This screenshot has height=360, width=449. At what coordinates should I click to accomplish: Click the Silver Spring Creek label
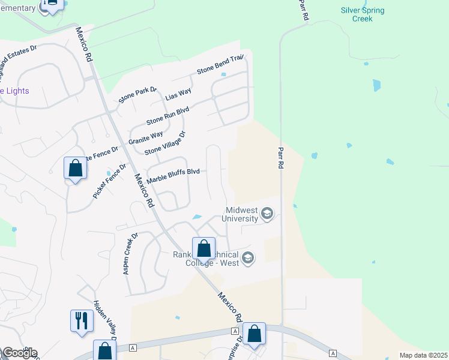[x=363, y=14]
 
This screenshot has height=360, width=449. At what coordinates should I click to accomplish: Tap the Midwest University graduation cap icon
[x=268, y=214]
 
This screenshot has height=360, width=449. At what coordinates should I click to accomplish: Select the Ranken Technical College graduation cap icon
[x=248, y=258]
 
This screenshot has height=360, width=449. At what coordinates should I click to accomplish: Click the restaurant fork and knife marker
[x=82, y=320]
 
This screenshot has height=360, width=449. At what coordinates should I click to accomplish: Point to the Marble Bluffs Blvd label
[x=173, y=175]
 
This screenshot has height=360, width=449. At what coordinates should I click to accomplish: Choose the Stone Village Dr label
[x=165, y=142]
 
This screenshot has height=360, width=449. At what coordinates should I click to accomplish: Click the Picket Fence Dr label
[x=110, y=181]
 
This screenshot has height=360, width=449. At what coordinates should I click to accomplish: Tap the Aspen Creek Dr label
[x=130, y=254]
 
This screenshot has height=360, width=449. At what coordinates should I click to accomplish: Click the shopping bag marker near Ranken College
[x=203, y=248]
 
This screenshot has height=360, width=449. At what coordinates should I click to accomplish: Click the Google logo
[x=19, y=353]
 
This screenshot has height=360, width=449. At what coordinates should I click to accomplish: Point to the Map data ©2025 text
[x=423, y=355]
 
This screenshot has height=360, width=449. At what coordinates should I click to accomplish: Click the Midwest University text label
[x=243, y=214]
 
